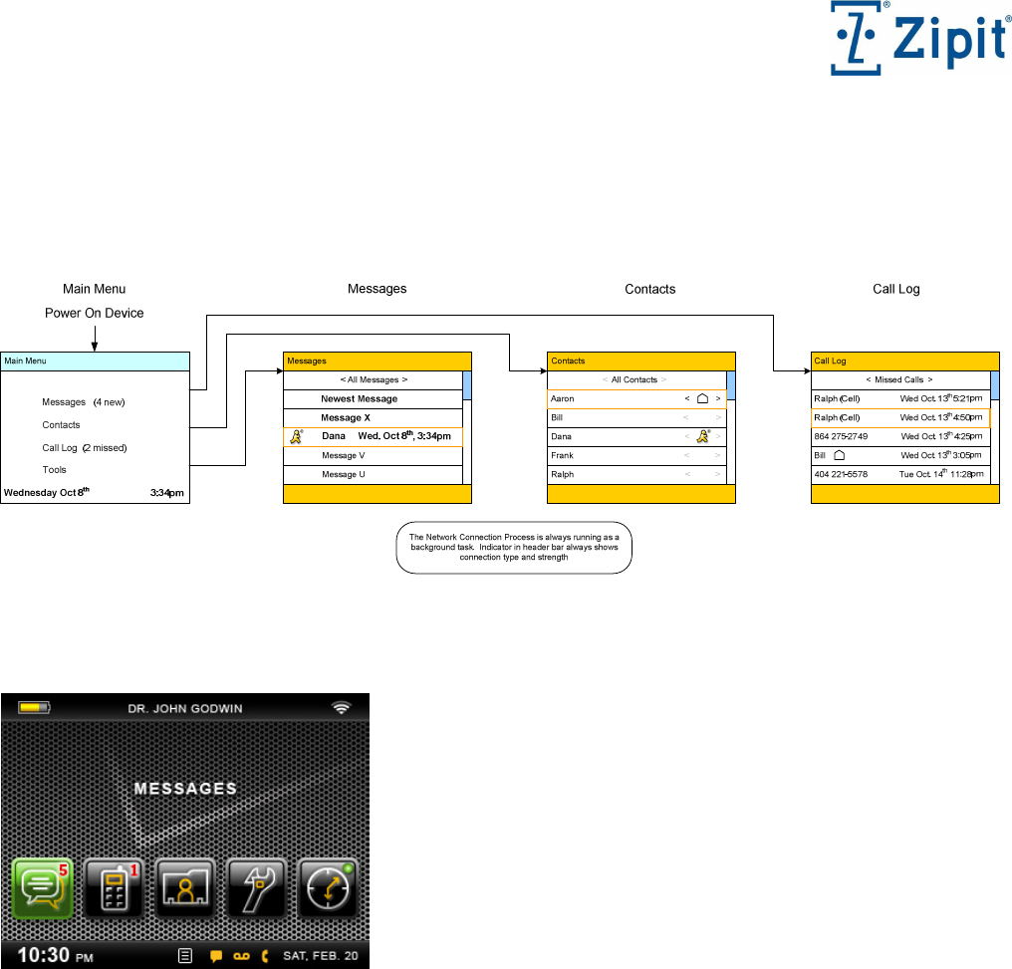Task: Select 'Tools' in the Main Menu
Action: coord(55,470)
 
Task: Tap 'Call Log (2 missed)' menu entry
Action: coord(85,448)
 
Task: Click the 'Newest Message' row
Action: coord(360,398)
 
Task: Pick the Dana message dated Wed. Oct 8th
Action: coord(374,436)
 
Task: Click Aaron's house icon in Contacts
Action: coord(702,398)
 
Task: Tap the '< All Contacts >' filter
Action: coord(635,379)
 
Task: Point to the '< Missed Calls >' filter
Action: coord(899,379)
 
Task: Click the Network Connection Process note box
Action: coord(514,548)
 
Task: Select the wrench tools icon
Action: coord(258,888)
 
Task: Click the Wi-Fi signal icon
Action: coord(342,708)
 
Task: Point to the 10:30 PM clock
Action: coord(55,955)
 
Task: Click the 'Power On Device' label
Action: coord(95,313)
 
